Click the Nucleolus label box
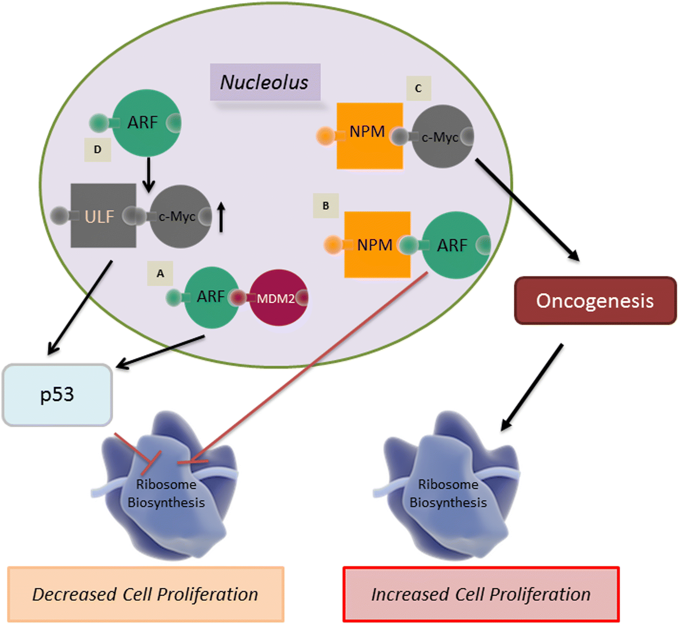pos(265,82)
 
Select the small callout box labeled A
pos(160,273)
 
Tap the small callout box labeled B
pos(325,206)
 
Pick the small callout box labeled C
pos(418,88)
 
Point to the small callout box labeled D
pos(97,150)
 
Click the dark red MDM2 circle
pos(278,298)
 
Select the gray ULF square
pos(103,216)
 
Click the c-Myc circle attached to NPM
pos(442,136)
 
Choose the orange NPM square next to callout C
pos(369,135)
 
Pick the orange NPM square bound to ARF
pos(377,244)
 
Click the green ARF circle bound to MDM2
pos(211,297)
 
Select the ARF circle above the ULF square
pos(145,123)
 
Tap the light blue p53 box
pos(57,395)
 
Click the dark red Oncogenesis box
pos(595,300)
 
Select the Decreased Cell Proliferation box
pos(145,594)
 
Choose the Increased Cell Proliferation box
pos(481,594)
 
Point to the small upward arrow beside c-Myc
pos(221,217)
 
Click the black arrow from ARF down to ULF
pos(148,174)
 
